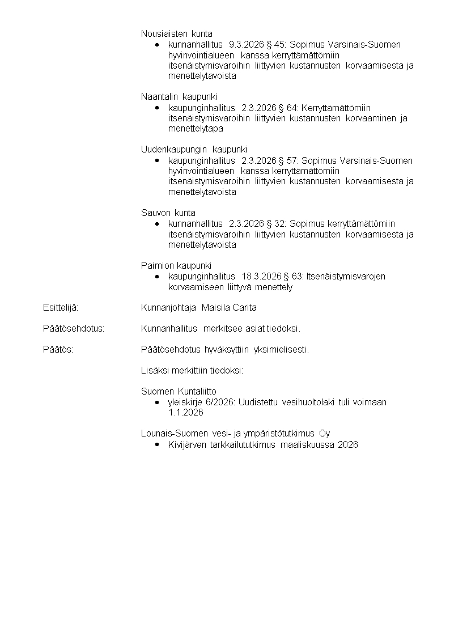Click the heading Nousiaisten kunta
point(176,34)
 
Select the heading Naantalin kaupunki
point(179,97)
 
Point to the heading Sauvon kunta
point(168,213)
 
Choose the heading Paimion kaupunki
point(176,265)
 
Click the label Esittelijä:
point(60,308)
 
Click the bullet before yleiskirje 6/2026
point(156,402)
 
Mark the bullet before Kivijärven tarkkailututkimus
point(156,445)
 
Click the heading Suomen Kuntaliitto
point(179,392)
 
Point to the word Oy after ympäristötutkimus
point(325,434)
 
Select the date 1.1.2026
point(186,413)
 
